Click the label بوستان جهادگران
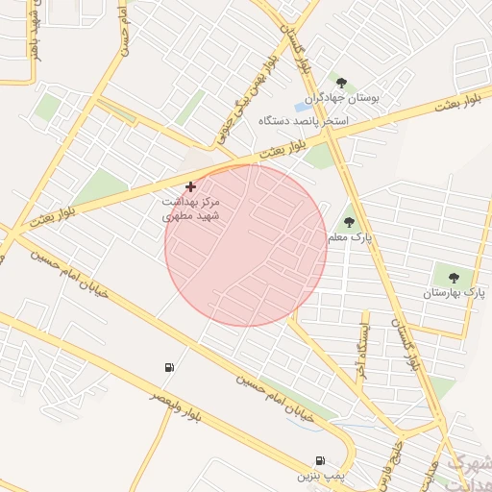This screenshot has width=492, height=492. (343, 98)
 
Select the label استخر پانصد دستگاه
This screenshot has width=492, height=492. (303, 122)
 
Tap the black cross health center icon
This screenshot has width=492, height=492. (190, 185)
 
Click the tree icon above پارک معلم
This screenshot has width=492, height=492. (349, 221)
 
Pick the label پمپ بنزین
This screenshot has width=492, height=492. (319, 476)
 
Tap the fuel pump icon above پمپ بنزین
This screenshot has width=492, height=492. (319, 460)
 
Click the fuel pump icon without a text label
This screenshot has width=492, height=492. (170, 367)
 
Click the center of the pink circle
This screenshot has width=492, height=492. (246, 245)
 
